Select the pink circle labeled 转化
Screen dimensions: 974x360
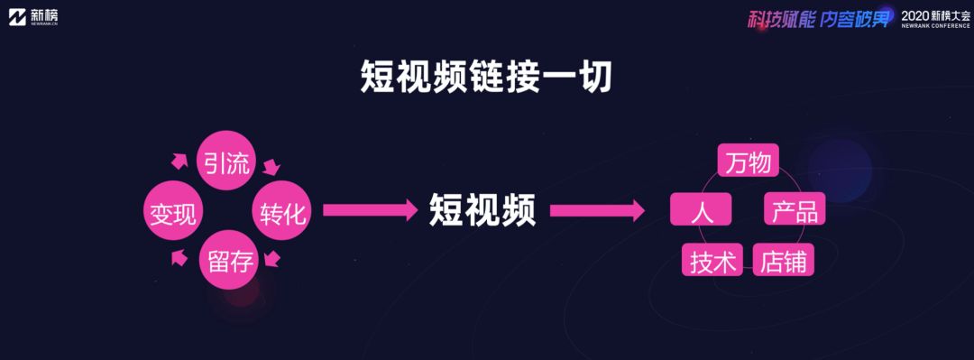tap(281, 211)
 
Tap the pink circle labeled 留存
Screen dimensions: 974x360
tap(229, 260)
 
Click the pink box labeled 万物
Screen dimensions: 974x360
tap(748, 161)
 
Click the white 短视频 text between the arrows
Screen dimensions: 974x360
tap(482, 211)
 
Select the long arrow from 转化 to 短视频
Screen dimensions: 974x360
tap(371, 210)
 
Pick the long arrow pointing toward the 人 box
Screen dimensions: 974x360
tap(597, 210)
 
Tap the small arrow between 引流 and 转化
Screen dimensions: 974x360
tap(271, 166)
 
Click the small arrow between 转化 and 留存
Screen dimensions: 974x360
tap(271, 257)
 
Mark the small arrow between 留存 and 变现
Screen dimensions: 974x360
tap(179, 257)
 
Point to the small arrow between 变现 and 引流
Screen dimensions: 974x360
tap(179, 161)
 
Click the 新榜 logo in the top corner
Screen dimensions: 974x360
tap(33, 16)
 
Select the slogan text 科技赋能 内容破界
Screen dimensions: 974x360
tap(819, 19)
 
